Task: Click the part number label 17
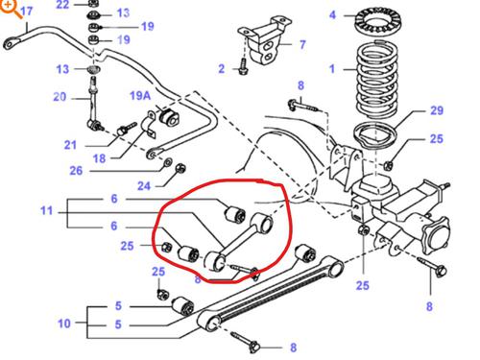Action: point(26,12)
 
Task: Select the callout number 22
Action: point(62,5)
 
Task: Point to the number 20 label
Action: point(60,97)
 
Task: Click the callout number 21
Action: point(70,145)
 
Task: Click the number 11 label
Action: point(47,209)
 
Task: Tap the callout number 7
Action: point(301,44)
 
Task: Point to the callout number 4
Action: point(332,14)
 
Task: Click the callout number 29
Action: point(437,112)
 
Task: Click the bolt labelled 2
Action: point(244,68)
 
